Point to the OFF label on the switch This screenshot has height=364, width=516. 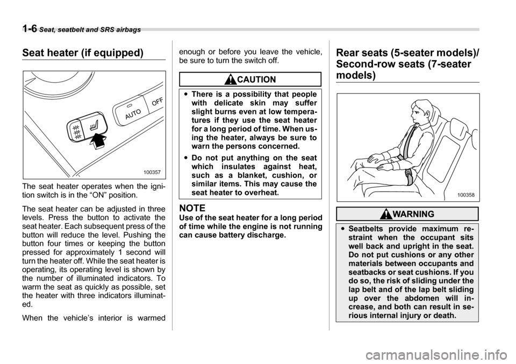(x=156, y=101)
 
